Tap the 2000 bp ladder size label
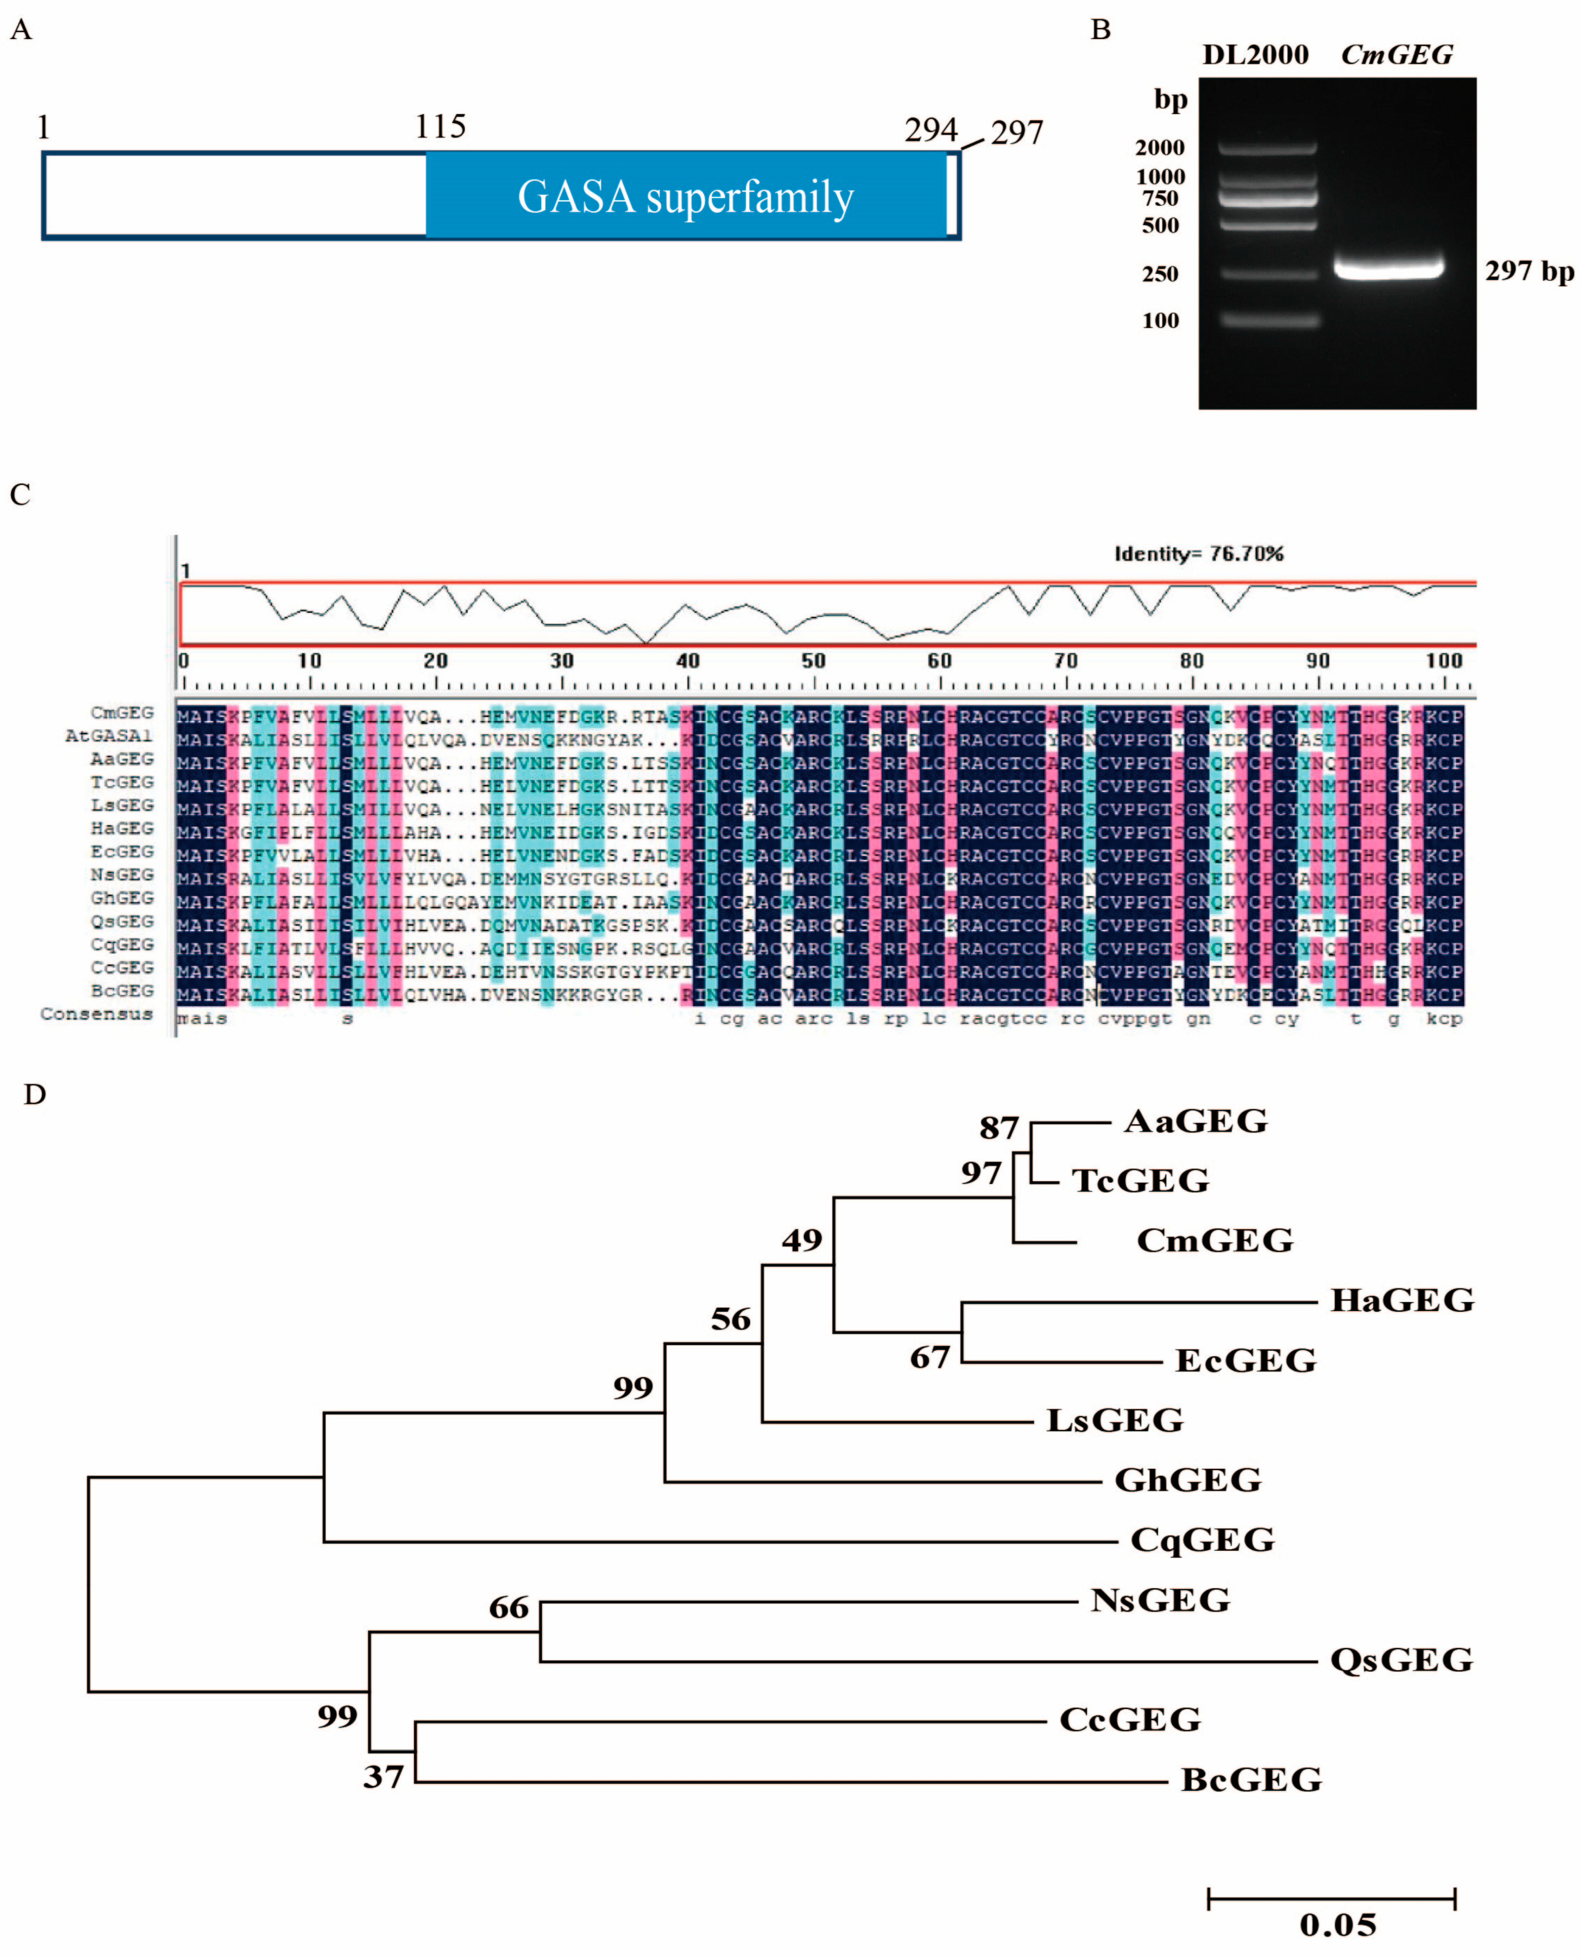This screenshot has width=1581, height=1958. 1160,148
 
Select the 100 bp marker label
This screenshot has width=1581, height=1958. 1160,321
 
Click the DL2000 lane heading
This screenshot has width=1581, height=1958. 1255,56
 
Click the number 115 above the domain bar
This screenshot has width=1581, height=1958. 441,126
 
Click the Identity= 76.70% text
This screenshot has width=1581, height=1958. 1199,554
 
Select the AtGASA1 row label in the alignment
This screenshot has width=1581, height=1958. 108,736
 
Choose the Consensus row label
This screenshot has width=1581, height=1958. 97,1014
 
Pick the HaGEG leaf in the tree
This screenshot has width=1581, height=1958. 1402,1300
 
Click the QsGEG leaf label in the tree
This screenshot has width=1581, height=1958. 1401,1660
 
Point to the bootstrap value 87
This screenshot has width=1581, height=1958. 999,1129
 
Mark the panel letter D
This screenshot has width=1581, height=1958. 35,1095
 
